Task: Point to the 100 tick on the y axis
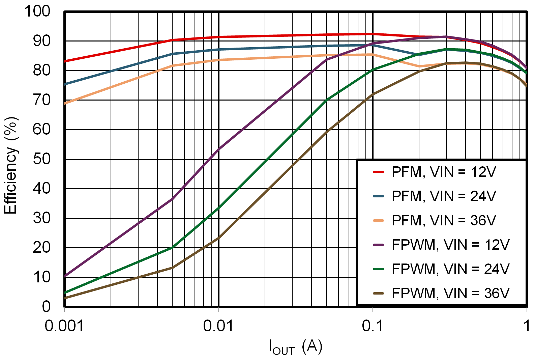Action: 37,11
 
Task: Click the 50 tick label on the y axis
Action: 41,159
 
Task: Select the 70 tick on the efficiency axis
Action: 41,100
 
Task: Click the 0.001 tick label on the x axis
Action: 64,326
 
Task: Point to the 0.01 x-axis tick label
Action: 218,326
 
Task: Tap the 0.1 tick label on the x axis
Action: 373,326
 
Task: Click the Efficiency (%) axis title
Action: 10,165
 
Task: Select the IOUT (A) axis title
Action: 295,347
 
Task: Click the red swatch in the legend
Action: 379,172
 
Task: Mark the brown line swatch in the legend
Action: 379,294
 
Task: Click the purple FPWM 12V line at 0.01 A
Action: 219,149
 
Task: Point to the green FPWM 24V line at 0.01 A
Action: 219,208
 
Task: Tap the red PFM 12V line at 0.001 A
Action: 65,61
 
